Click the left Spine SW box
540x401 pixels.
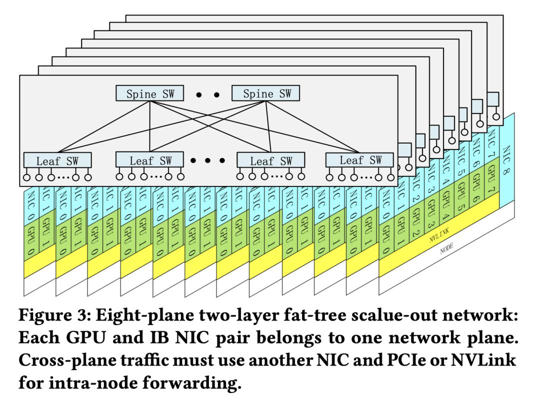click(x=149, y=93)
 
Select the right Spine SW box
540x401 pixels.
click(x=265, y=93)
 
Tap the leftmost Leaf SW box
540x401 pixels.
click(x=57, y=160)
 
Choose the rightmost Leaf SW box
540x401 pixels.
click(x=359, y=160)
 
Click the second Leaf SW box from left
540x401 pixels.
click(x=149, y=160)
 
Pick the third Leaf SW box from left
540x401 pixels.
click(x=270, y=160)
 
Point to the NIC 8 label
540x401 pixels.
click(x=506, y=160)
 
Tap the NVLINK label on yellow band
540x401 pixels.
click(x=439, y=235)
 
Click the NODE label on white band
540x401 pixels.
click(x=446, y=248)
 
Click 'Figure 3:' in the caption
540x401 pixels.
click(x=55, y=315)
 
